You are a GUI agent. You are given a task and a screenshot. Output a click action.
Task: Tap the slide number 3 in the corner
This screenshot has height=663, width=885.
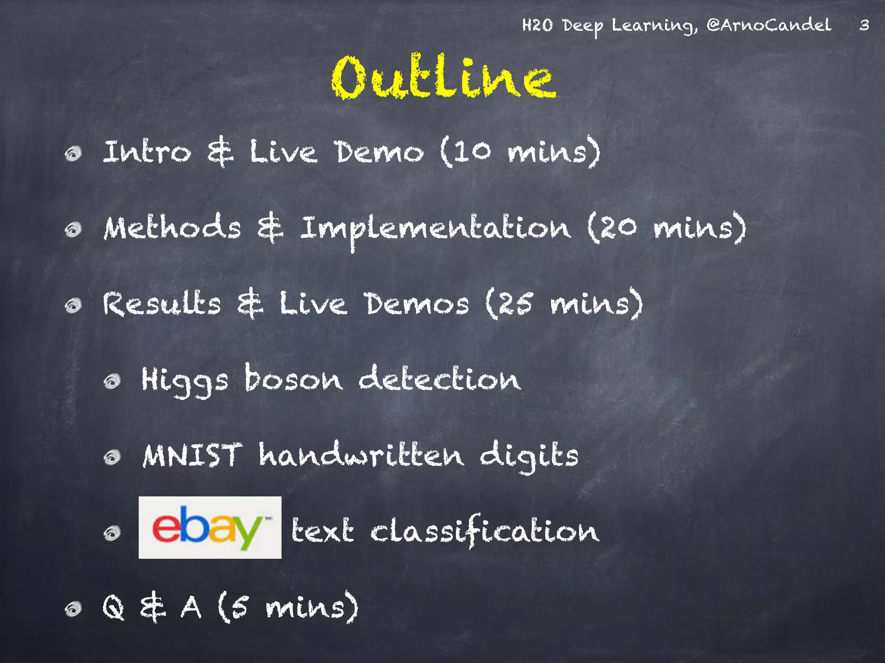point(864,25)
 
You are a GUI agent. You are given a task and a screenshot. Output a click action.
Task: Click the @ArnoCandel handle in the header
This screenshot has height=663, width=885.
point(769,25)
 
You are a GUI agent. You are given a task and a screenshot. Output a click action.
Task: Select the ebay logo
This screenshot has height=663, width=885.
point(210,527)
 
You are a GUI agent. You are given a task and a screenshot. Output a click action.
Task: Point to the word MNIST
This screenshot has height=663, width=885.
point(192,455)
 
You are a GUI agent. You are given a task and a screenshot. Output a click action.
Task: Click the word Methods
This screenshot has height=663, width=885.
point(172,227)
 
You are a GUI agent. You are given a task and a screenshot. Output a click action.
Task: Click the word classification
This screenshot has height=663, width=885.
point(485,530)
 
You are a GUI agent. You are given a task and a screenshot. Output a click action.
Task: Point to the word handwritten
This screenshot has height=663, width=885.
point(361,455)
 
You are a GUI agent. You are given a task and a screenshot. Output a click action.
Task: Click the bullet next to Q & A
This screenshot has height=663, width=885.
point(73,609)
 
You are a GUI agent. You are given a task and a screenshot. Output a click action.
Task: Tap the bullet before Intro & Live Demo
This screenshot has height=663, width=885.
point(73,154)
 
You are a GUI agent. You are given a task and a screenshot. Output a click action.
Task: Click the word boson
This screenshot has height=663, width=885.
point(293,379)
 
